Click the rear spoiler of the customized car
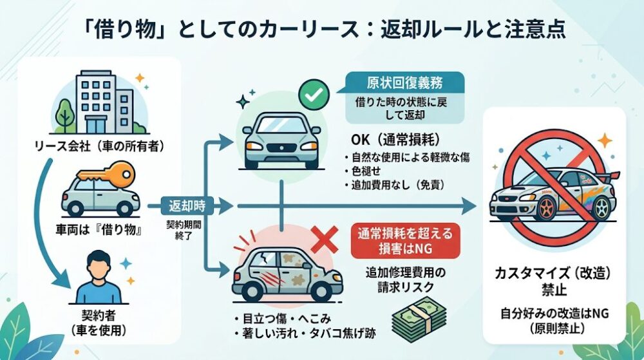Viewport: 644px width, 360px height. coord(611,175)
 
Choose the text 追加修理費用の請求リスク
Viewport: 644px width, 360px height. coord(400,279)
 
